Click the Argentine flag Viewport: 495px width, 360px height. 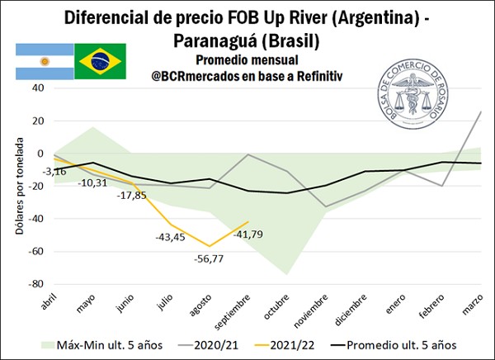43,61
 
